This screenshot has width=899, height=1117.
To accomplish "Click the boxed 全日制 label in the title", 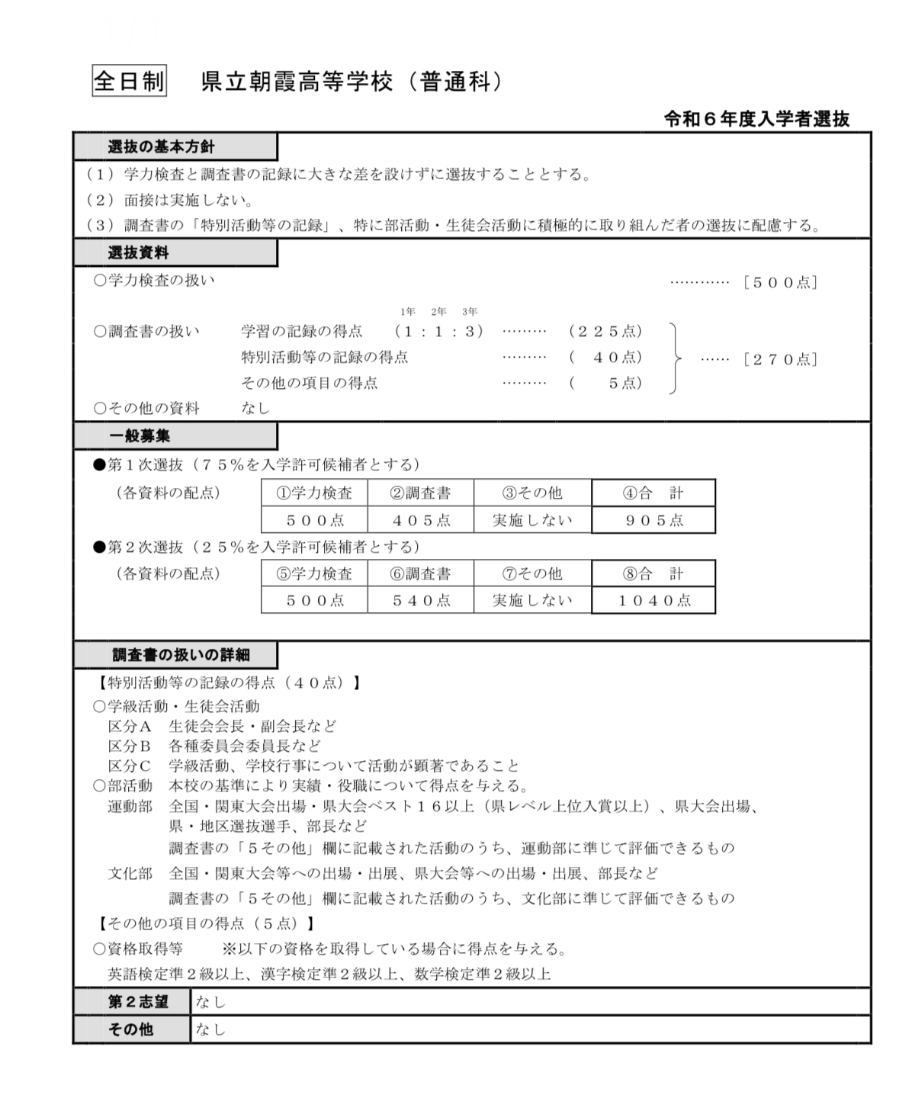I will [128, 81].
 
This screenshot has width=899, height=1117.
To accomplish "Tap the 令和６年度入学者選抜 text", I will [756, 119].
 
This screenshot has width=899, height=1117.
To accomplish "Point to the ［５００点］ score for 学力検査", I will [780, 283].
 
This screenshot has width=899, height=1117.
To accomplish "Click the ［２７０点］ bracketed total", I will [780, 359].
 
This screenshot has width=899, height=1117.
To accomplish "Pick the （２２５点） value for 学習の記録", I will [605, 331].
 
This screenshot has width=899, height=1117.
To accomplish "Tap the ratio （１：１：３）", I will [440, 331].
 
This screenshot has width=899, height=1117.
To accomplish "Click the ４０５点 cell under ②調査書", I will [421, 520].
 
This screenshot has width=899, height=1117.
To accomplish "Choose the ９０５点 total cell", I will [653, 520].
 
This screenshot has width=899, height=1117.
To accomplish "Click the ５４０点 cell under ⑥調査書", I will [421, 600].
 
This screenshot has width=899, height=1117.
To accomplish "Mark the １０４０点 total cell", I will [653, 600].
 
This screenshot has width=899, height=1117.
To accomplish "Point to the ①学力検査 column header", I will [314, 493].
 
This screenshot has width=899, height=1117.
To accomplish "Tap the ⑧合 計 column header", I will [653, 573].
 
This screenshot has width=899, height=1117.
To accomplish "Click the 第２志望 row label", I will [131, 1002].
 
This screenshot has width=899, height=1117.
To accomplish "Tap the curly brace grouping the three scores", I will [673, 358].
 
